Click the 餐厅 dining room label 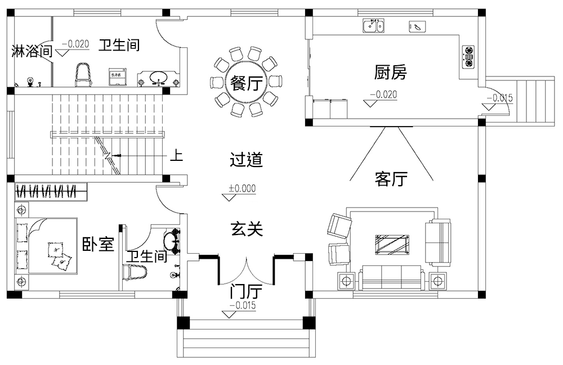[244, 84]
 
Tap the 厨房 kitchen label [390, 72]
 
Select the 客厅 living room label [390, 179]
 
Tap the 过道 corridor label [246, 160]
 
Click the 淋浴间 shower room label [32, 52]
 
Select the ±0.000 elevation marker [242, 189]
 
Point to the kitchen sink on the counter [373, 25]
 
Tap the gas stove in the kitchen [468, 56]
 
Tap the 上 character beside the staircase [176, 155]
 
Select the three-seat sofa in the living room [391, 277]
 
